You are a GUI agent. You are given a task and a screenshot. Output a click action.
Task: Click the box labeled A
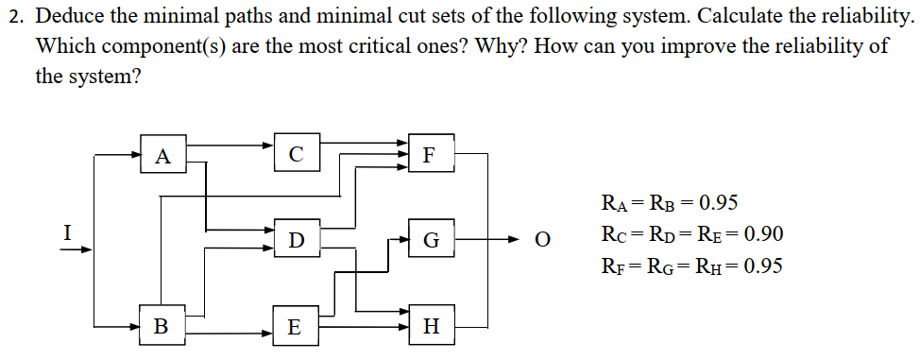[162, 155]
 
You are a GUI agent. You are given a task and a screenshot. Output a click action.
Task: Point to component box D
[297, 240]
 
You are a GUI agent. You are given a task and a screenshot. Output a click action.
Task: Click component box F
[431, 154]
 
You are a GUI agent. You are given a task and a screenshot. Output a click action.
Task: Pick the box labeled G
[431, 240]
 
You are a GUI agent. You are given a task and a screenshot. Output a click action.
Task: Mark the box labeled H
[432, 327]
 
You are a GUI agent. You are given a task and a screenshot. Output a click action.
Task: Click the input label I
[66, 230]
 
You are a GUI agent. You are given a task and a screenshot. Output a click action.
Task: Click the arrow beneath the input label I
[79, 250]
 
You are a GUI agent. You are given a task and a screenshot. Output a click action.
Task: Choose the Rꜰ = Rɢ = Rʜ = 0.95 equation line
[690, 266]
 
